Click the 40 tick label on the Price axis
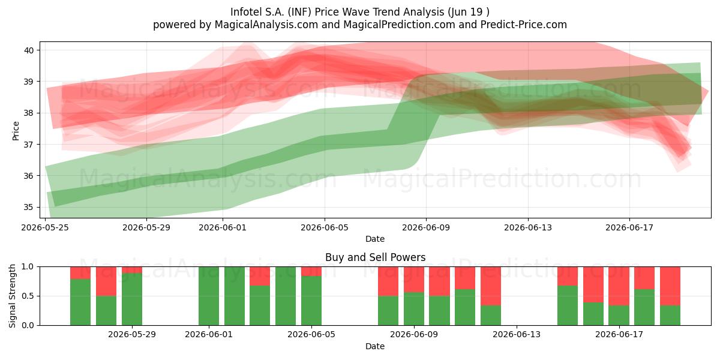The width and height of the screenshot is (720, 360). [28, 50]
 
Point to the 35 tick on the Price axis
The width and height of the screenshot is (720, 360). [28, 207]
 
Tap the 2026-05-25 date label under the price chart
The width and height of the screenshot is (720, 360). [45, 227]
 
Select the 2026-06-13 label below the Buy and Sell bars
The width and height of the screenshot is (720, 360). [517, 334]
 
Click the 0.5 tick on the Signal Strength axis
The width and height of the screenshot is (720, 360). [28, 296]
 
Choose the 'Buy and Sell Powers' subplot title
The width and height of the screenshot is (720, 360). [375, 257]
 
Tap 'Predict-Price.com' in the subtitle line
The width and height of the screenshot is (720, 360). [524, 25]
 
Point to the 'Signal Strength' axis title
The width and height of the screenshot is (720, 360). [12, 296]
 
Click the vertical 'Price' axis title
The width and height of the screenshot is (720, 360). [16, 131]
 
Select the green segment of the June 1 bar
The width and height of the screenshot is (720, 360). [209, 296]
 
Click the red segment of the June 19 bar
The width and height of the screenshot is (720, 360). [670, 286]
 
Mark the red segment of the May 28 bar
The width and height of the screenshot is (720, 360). [106, 281]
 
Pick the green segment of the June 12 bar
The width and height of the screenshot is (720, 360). [491, 316]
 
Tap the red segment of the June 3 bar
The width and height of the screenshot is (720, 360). [260, 276]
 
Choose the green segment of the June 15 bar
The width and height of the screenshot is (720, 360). [568, 305]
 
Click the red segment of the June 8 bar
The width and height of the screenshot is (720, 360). [388, 281]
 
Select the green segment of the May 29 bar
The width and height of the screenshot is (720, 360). [132, 299]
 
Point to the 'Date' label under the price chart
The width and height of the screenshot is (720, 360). [375, 239]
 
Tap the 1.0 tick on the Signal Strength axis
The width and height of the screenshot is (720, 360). [28, 267]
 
